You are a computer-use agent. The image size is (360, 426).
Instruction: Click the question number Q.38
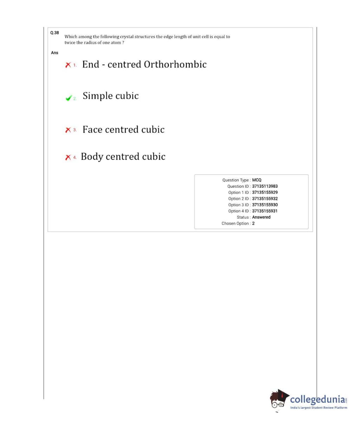54,33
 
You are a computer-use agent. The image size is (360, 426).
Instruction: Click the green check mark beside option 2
68,98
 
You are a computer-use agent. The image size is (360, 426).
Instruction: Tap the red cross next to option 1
68,65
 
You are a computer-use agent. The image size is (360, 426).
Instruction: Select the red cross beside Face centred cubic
68,130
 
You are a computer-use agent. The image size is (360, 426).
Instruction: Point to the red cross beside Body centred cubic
68,157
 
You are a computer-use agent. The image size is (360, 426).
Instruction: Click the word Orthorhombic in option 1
175,64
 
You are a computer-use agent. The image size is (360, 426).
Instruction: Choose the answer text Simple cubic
111,96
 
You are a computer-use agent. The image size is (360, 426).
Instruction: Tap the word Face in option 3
92,130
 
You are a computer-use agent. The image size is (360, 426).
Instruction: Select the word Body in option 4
92,157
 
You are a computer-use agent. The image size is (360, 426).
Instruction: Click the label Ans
54,53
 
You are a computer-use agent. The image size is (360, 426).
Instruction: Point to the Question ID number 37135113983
265,186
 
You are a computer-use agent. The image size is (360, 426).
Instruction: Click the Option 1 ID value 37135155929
265,193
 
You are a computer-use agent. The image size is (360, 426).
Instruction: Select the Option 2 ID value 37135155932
265,199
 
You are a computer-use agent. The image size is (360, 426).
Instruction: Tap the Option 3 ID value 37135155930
265,205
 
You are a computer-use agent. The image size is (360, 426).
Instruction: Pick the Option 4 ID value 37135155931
265,211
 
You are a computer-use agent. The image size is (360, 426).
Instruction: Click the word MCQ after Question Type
257,180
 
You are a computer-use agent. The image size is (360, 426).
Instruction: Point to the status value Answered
261,217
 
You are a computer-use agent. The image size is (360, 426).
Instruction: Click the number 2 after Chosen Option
253,224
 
